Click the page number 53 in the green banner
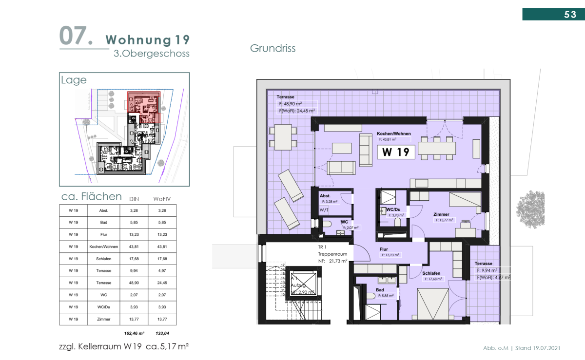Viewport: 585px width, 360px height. coord(570,15)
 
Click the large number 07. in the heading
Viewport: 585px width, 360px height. coord(76,37)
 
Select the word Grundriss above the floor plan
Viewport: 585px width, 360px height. coord(273,48)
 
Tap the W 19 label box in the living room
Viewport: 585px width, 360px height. coord(395,152)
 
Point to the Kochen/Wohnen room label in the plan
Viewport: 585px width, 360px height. coord(393,133)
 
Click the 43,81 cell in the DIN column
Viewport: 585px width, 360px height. coord(133,246)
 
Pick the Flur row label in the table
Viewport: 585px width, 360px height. coord(103,234)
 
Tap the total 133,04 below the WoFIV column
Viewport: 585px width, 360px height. coord(163,334)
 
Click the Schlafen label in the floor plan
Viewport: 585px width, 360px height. coord(432,273)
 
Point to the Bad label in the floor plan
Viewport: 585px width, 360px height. coord(380,289)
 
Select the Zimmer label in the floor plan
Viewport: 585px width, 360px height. coord(441,214)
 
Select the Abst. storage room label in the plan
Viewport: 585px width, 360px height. coord(325,195)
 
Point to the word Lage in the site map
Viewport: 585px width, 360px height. coord(74,80)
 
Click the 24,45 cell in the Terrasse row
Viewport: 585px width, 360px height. coord(163,283)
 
